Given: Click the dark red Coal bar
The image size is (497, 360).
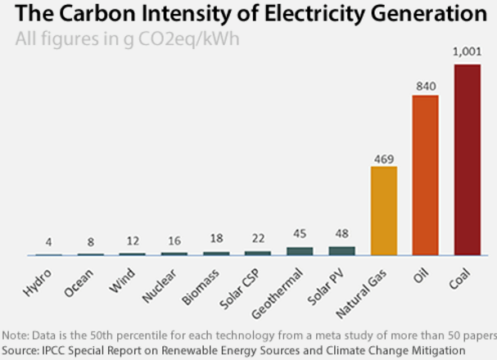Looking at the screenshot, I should click(x=467, y=160).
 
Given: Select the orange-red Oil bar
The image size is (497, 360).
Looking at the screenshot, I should click(x=425, y=175).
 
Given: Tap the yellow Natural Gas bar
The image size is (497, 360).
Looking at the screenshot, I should click(x=383, y=211).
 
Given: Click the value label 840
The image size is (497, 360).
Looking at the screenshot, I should click(x=425, y=84).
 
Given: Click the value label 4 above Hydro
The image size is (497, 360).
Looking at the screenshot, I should click(x=49, y=242).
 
